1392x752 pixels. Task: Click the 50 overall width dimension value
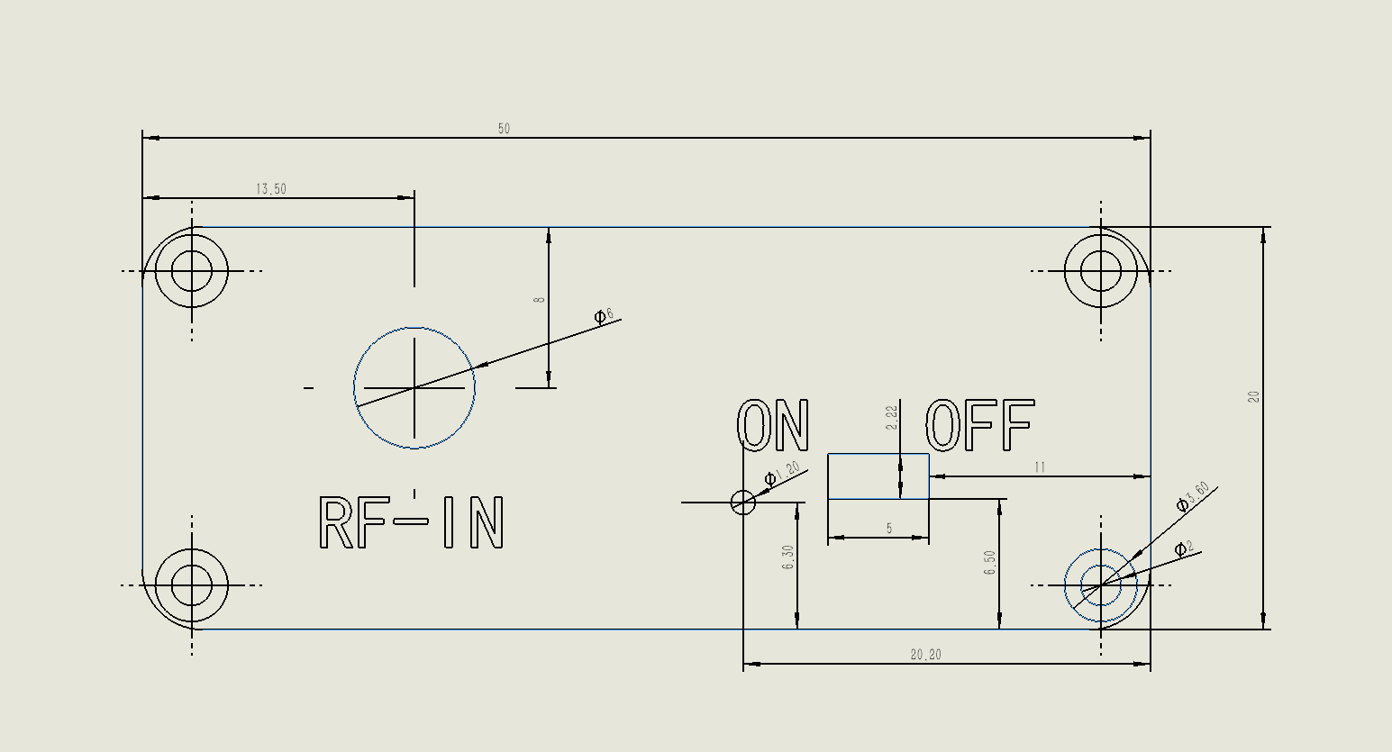pos(504,129)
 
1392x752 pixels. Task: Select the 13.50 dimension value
pos(271,189)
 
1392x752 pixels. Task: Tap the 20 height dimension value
pos(1253,397)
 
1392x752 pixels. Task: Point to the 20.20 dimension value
pos(926,655)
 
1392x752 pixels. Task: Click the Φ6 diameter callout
pos(604,315)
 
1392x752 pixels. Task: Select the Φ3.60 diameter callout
pos(1193,496)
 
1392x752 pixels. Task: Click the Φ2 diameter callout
pos(1184,548)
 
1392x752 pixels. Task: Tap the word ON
pos(773,425)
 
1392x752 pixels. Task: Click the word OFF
pos(980,425)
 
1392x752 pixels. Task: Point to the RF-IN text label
pos(411,522)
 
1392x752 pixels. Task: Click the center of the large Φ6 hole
pos(414,387)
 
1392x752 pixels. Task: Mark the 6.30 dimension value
pos(788,557)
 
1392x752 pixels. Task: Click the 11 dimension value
pos(1040,467)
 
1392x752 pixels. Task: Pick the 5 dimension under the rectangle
pos(889,528)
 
